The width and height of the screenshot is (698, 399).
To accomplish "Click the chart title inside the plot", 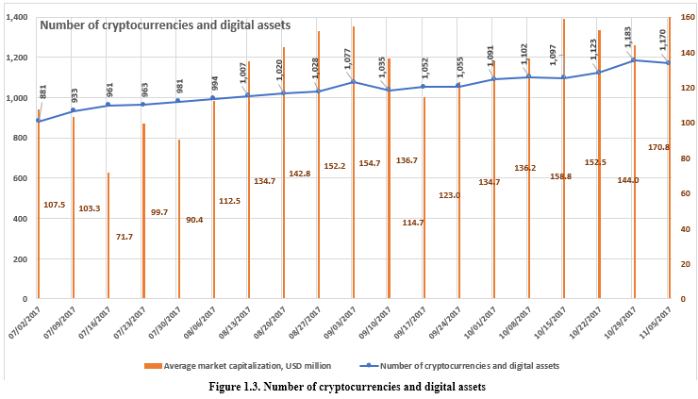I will click(164, 25).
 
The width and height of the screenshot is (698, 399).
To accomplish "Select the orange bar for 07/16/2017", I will click(108, 236).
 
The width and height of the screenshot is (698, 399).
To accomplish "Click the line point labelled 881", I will click(38, 121).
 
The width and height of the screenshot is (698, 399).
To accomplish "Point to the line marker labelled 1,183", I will click(633, 60).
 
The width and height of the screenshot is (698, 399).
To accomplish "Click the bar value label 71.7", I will click(125, 236).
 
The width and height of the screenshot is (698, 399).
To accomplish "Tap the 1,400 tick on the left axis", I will click(17, 17).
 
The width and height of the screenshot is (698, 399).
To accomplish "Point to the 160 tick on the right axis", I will click(686, 17).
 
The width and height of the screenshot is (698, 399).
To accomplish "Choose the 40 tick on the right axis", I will click(683, 229).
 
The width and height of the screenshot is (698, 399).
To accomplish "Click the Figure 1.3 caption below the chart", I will click(348, 387).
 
